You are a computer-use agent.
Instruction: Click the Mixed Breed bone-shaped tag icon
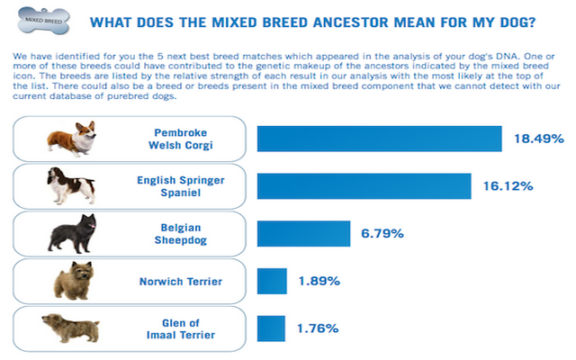click(x=44, y=21)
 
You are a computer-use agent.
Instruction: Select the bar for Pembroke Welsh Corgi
click(x=380, y=139)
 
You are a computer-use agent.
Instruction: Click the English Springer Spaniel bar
click(x=364, y=186)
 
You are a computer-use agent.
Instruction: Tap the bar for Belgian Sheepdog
click(x=304, y=234)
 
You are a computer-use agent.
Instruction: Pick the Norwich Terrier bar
click(x=272, y=281)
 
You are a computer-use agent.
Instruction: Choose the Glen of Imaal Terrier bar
click(x=271, y=328)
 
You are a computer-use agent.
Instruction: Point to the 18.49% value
click(x=539, y=139)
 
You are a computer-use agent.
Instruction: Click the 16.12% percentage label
click(x=508, y=186)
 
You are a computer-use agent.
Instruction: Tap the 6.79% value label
click(x=382, y=233)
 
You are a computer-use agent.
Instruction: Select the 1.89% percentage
click(x=319, y=281)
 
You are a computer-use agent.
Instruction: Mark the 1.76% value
click(x=318, y=328)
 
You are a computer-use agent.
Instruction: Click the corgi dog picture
click(x=72, y=139)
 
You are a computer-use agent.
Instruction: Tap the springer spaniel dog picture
click(x=71, y=186)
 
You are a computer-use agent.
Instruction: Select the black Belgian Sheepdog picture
click(x=72, y=234)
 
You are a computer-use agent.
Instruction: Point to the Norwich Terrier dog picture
click(x=74, y=281)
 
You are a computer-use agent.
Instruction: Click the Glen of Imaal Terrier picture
click(x=70, y=328)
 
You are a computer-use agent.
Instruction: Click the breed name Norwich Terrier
click(x=181, y=282)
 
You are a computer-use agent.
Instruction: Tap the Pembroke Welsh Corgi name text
click(x=181, y=139)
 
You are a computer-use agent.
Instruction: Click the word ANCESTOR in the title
click(x=351, y=22)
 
